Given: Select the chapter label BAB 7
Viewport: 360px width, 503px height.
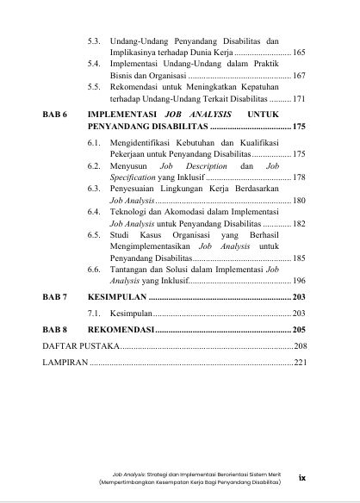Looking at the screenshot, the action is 55,296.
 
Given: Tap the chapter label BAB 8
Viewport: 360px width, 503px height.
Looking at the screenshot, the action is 55,330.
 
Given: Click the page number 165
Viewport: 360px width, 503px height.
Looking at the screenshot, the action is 299,53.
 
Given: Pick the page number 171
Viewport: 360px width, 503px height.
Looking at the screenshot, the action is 299,100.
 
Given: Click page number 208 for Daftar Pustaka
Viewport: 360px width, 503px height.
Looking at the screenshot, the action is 300,345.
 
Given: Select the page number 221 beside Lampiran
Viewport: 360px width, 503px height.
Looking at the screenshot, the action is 300,362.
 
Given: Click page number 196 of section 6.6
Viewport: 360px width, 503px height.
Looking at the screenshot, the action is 299,281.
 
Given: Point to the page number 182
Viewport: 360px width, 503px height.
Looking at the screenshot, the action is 299,222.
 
